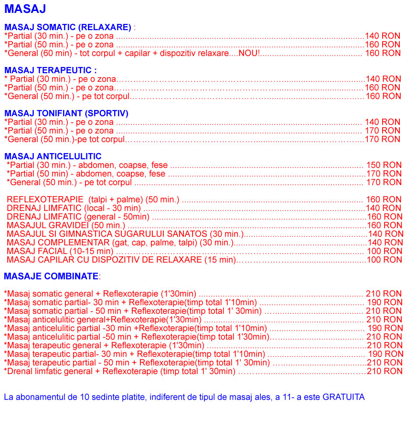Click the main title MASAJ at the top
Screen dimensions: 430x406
click(x=25, y=9)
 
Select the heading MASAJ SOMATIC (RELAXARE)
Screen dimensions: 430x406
click(x=68, y=27)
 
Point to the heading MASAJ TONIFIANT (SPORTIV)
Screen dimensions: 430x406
click(x=66, y=113)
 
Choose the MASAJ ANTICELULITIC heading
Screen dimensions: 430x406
click(x=53, y=156)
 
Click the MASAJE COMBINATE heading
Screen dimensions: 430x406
click(x=51, y=276)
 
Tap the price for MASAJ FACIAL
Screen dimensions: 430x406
click(x=385, y=251)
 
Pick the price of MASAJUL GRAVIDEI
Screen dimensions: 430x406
click(x=384, y=225)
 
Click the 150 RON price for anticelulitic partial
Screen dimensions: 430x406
click(x=384, y=165)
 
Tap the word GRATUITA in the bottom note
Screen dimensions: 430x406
click(x=343, y=397)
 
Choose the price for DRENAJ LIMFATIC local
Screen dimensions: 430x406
click(x=384, y=208)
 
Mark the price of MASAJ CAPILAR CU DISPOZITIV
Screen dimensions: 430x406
click(x=385, y=260)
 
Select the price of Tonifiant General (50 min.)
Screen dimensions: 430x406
click(x=383, y=139)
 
